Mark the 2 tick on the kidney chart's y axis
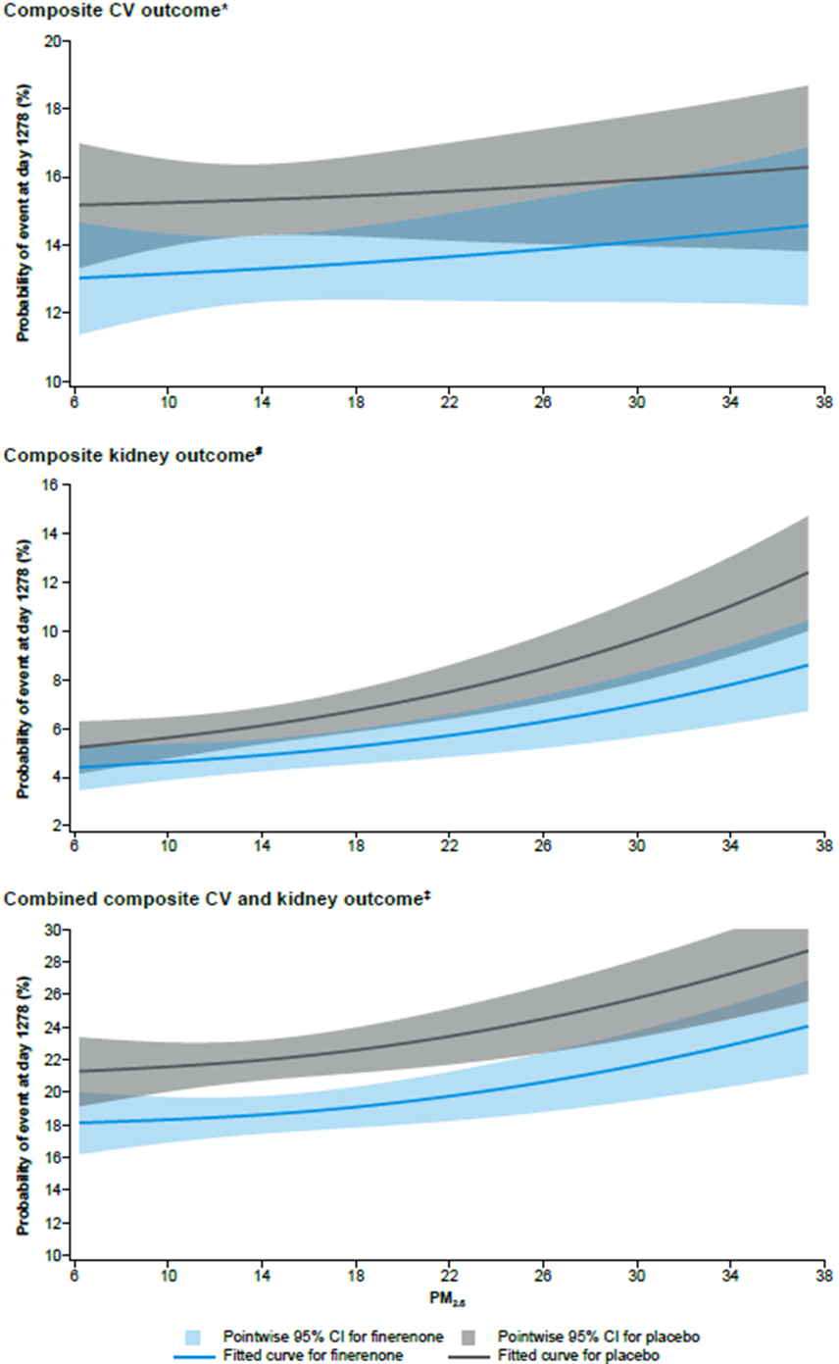(58, 826)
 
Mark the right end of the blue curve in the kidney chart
(809, 665)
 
